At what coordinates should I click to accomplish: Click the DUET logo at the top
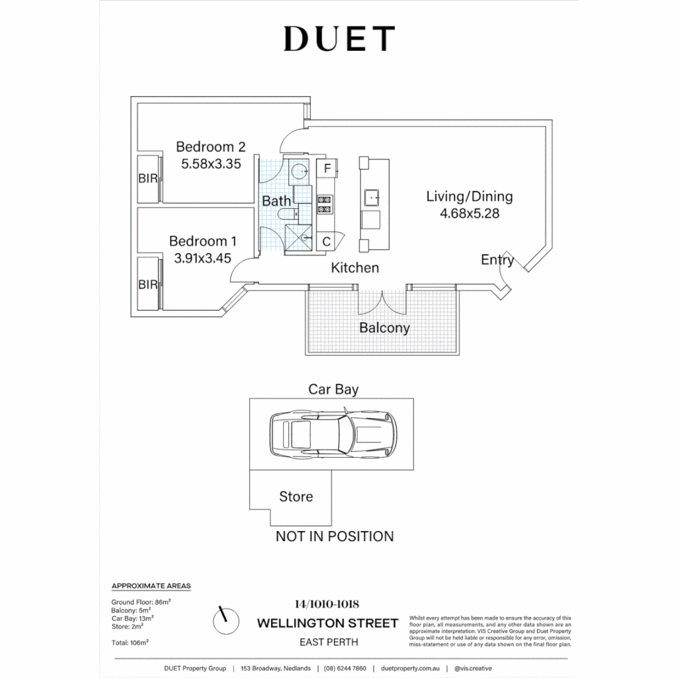tap(339, 39)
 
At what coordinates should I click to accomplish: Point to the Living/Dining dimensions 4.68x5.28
tap(470, 213)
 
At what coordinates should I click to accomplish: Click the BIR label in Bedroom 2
tap(148, 179)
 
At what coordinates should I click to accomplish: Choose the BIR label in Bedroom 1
tap(148, 285)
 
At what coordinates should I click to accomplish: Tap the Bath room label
tap(276, 201)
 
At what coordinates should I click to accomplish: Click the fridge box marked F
tap(327, 169)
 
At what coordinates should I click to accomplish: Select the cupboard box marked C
tap(326, 241)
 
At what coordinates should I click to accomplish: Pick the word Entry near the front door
tap(497, 260)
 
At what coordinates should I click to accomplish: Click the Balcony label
tap(384, 328)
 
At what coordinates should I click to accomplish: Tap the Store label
tap(296, 497)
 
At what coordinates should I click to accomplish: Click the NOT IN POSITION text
tap(335, 536)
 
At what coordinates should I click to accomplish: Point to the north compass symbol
tap(226, 621)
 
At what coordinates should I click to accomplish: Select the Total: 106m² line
tap(130, 642)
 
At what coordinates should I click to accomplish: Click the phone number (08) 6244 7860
tap(345, 669)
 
